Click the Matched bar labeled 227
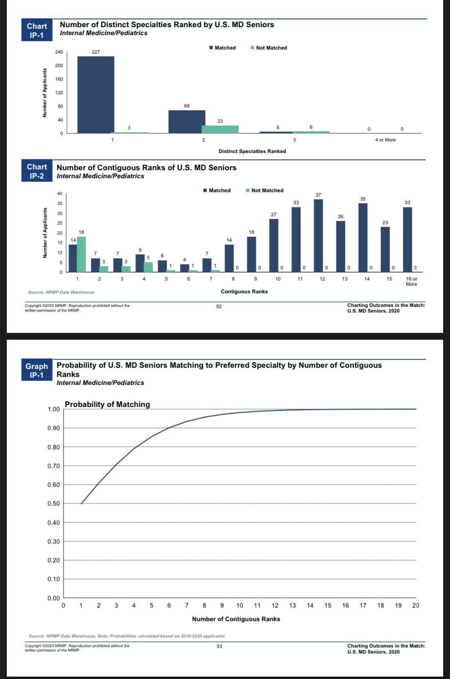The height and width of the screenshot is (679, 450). tap(96, 95)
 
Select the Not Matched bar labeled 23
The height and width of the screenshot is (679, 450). tap(220, 129)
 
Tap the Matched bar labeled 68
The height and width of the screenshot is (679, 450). tap(187, 121)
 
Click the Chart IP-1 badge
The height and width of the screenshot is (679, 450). tap(37, 30)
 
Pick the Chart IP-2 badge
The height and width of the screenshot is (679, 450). tap(37, 171)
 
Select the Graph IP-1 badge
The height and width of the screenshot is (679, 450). tap(37, 370)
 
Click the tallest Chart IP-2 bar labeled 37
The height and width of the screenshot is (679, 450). tap(318, 236)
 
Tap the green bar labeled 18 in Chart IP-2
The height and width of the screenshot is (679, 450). tap(82, 254)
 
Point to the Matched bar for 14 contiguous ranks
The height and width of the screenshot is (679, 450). tap(363, 238)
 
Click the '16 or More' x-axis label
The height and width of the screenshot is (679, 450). tap(411, 281)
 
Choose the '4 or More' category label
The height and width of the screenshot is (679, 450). tap(385, 140)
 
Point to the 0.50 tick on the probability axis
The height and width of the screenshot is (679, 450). tap(54, 504)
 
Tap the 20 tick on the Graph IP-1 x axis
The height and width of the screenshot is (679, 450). tap(416, 605)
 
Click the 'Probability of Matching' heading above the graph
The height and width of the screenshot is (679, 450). tap(107, 404)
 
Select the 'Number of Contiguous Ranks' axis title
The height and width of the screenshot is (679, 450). tap(236, 619)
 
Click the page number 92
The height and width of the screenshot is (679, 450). tap(219, 307)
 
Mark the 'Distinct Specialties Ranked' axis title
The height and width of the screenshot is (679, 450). tap(252, 151)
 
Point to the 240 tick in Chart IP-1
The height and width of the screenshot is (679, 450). tap(59, 52)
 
